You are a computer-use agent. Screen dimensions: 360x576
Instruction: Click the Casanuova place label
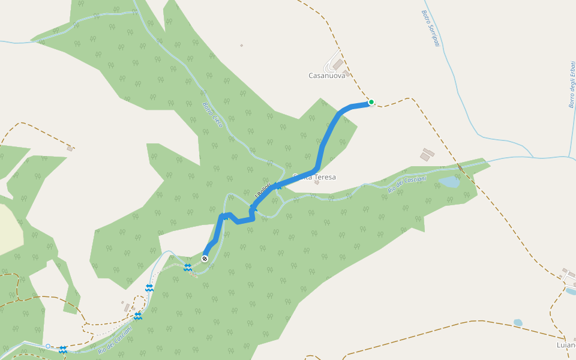coord(326,76)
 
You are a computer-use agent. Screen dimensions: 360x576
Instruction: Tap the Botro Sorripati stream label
coord(430,28)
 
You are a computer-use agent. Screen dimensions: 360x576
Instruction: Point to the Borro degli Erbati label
coord(571,84)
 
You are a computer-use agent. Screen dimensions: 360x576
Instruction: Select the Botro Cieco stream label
coord(212,115)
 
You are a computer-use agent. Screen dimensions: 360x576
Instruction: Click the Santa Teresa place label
coord(314,177)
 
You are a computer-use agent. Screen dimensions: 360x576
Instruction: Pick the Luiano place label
coord(566,345)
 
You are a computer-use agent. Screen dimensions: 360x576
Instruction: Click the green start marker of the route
coord(371,102)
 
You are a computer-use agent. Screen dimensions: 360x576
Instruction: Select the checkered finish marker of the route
coord(205,259)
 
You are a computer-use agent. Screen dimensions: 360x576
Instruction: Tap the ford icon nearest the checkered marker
coord(188,268)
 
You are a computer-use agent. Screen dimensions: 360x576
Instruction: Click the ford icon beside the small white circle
coord(62,349)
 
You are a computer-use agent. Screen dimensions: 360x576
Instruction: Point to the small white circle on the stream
coord(48,346)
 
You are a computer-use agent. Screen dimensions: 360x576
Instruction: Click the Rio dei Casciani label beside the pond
coord(407,184)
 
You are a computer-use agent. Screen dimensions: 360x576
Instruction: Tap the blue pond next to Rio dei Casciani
coord(449,181)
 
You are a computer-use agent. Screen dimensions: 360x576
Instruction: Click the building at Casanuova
coord(338,64)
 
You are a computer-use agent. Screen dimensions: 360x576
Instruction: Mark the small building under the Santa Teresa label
coord(316,182)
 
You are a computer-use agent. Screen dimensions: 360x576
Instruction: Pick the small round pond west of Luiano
coord(518,322)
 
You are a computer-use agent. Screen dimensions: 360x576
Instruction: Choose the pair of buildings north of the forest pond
coord(427,154)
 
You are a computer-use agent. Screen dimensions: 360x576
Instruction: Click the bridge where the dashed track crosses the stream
coord(460,167)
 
